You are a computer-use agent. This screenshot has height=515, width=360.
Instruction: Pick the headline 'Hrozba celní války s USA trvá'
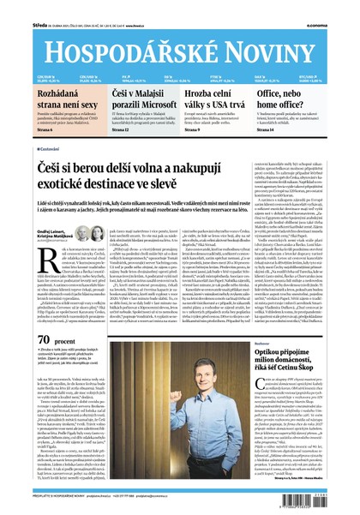216,98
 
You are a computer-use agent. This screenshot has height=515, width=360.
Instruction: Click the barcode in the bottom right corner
333,494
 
